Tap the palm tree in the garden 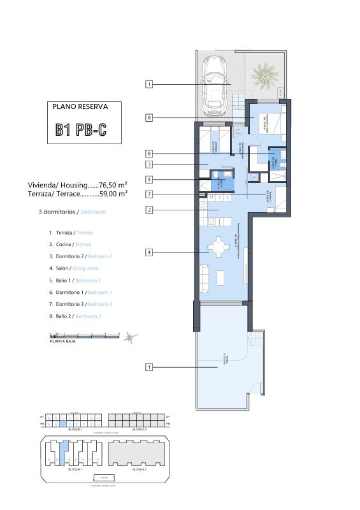(x=263, y=77)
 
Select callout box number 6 (x=149, y=117)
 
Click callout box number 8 (x=149, y=154)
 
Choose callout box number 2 (x=149, y=210)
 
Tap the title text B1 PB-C (x=81, y=131)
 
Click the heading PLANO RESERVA (x=80, y=107)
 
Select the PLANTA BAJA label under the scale (x=62, y=342)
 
